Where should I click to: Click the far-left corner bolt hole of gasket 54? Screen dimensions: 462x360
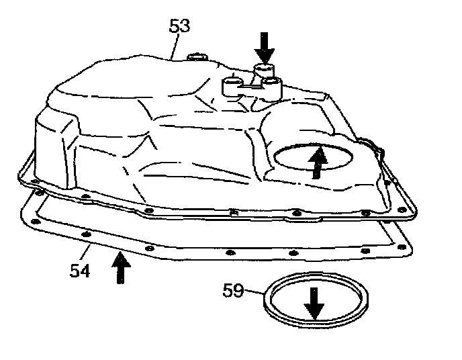tap(40, 195)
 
